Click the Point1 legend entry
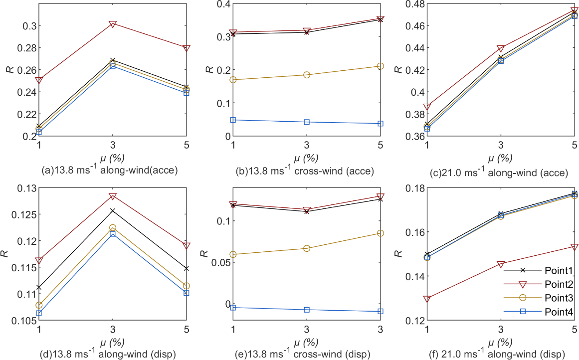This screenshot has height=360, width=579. [x=551, y=271]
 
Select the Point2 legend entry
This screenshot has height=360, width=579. [x=551, y=284]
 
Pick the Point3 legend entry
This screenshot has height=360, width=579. [x=551, y=298]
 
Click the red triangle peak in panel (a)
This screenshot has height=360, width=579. [x=113, y=24]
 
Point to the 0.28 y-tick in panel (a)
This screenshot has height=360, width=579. [x=27, y=48]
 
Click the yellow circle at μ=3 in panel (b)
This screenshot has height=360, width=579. [x=307, y=75]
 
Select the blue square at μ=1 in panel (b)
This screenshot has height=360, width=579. [x=233, y=120]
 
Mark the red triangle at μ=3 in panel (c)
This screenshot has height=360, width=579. [x=501, y=49]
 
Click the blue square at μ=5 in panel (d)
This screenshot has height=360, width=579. [x=187, y=293]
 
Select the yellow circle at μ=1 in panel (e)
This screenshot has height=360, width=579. [x=233, y=254]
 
